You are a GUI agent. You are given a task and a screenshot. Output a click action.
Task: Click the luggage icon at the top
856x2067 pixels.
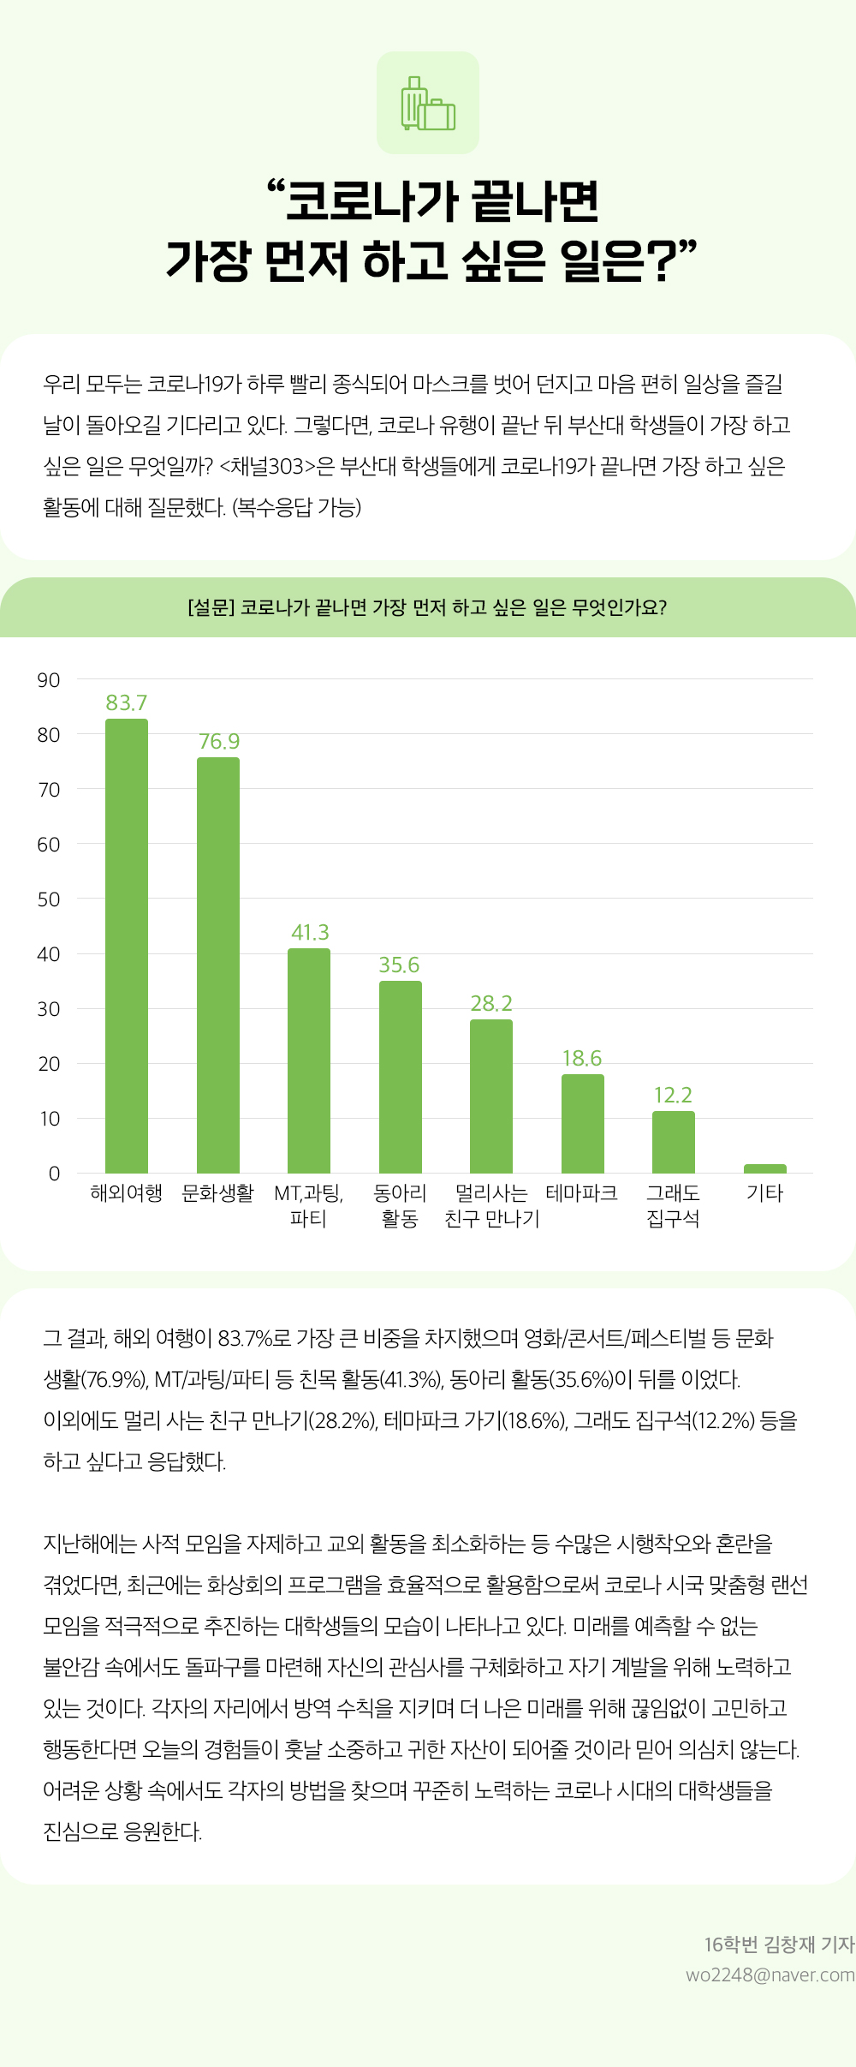coord(428,104)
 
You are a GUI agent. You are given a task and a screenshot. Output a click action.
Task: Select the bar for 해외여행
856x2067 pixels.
coord(127,946)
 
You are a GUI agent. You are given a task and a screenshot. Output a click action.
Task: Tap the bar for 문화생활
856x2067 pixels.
coord(218,965)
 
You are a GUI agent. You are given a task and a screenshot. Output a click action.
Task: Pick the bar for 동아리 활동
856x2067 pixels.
coord(400,1077)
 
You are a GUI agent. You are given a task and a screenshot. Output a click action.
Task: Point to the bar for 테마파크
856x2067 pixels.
coord(582,1123)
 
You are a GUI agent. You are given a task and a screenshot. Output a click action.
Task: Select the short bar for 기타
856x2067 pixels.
coord(764,1168)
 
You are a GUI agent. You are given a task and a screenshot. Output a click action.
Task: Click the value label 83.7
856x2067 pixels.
coord(127,702)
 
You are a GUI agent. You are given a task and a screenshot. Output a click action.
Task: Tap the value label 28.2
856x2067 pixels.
coord(491,1003)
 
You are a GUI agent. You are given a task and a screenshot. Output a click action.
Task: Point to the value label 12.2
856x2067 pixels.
coord(673,1095)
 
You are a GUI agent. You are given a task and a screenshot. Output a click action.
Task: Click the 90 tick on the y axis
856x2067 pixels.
coord(49,680)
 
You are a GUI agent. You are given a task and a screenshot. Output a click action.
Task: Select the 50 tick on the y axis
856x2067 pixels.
coord(49,899)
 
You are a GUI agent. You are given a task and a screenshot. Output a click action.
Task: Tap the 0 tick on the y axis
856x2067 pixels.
coord(54,1174)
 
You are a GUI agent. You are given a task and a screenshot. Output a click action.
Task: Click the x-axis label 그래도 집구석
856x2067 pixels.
coord(673,1205)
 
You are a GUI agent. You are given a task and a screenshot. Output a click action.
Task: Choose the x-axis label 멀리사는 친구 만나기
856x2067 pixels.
coord(492,1205)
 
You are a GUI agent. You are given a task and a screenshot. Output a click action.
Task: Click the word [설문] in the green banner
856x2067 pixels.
coord(211,607)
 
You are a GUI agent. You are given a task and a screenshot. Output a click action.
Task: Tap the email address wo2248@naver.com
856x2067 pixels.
coord(770,1974)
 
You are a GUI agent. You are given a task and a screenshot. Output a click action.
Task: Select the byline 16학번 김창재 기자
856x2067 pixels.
coord(779,1945)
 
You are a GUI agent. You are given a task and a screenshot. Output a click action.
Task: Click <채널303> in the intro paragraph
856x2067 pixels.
coord(268,466)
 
